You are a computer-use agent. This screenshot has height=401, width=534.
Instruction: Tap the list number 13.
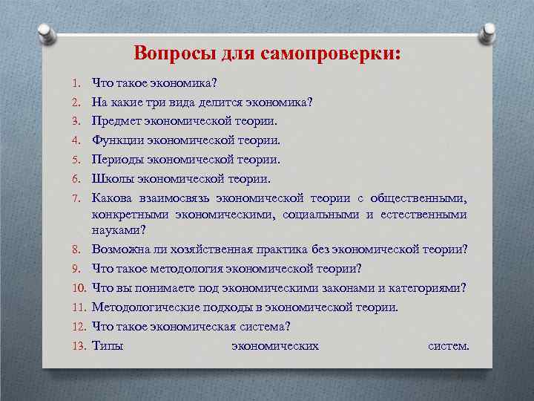point(78,345)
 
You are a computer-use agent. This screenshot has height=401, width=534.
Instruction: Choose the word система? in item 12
point(266,326)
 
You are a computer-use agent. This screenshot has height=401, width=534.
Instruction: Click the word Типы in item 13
point(108,345)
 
